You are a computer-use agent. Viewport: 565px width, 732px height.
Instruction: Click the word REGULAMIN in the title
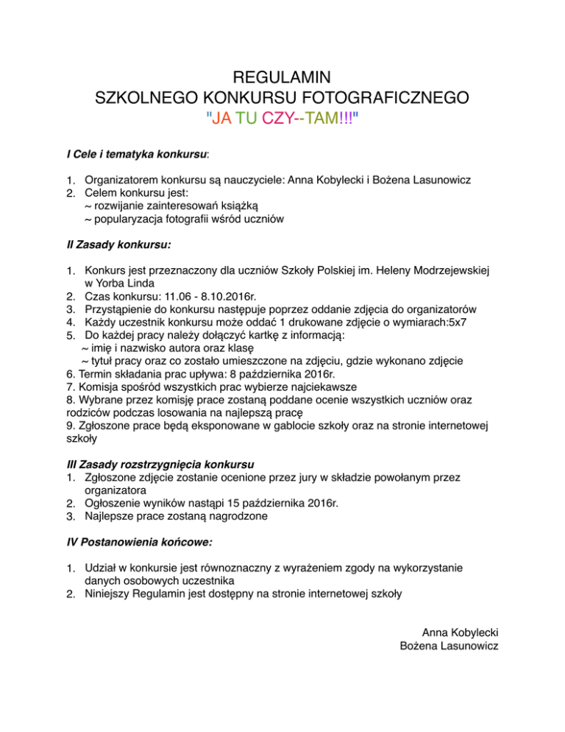(282, 77)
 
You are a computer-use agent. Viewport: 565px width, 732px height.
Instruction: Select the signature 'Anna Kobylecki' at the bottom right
(461, 632)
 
